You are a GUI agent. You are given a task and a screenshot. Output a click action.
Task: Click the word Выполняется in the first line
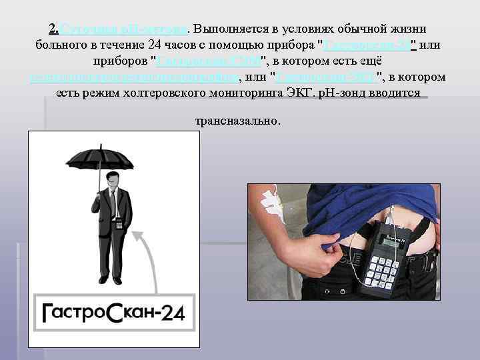(224, 29)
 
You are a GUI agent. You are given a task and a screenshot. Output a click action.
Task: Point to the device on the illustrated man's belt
(119, 224)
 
